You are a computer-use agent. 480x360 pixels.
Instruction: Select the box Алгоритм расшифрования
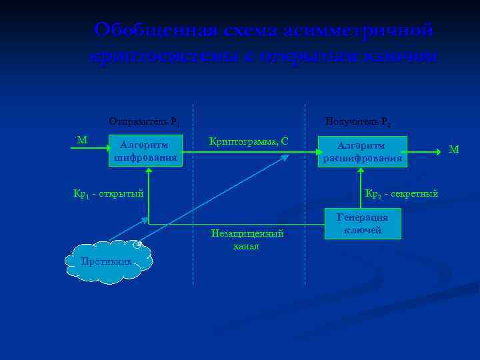pyautogui.click(x=361, y=151)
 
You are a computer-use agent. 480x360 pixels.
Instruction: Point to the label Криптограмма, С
pyautogui.click(x=248, y=141)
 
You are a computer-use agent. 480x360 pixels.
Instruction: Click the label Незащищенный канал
pyautogui.click(x=247, y=240)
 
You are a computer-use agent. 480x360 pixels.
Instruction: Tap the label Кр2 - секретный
pyautogui.click(x=401, y=194)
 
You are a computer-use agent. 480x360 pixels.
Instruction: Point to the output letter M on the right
pyautogui.click(x=453, y=149)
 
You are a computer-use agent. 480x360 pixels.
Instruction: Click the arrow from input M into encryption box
pyautogui.click(x=91, y=150)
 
